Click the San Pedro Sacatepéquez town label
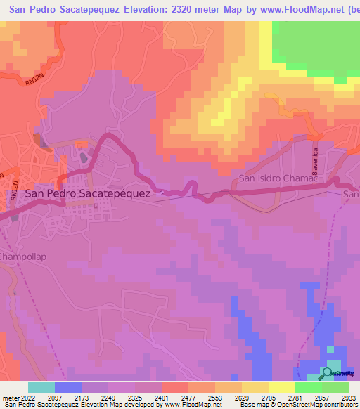point(87,193)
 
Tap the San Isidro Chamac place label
point(278,178)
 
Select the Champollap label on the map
point(22,257)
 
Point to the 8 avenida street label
point(316,161)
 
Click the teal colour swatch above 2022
point(41,387)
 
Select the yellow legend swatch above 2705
point(255,387)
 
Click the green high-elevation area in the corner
point(316,42)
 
